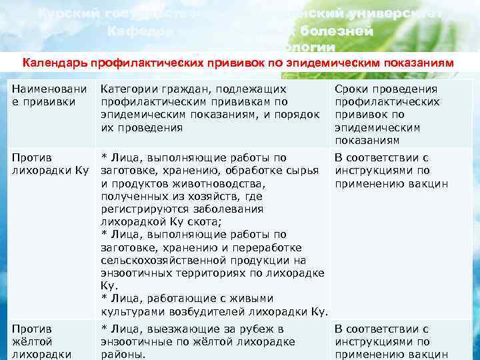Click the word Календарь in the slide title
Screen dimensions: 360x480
pos(54,63)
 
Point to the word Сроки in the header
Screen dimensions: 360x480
pos(353,89)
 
